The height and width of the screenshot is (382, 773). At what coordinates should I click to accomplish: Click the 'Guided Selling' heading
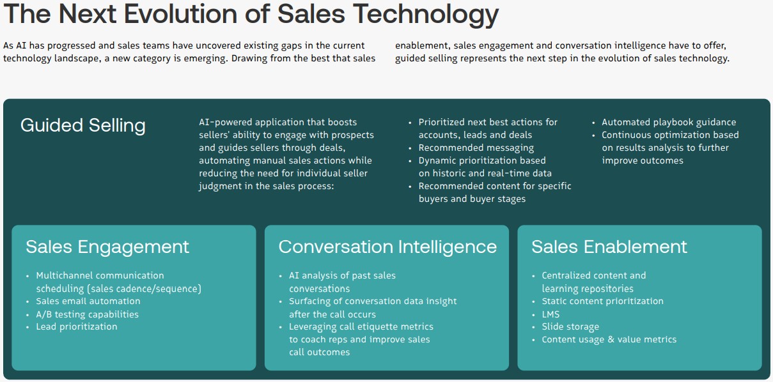(x=83, y=125)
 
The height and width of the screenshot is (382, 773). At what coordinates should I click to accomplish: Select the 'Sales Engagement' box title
(x=107, y=247)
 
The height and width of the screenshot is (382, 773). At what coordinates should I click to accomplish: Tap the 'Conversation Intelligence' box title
(x=387, y=247)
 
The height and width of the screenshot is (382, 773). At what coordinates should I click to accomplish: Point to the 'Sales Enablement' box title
(x=609, y=247)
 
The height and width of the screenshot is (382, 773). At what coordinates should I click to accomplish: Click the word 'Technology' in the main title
(x=428, y=13)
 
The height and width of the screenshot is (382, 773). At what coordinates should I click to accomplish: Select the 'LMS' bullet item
(x=550, y=314)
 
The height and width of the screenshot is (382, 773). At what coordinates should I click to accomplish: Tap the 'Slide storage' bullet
(x=570, y=327)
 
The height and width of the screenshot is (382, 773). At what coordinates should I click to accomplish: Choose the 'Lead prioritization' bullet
(x=77, y=327)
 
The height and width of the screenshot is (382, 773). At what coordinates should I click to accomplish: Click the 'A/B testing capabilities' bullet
(x=87, y=314)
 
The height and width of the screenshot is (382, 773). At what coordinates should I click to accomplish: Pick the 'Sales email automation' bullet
(x=88, y=302)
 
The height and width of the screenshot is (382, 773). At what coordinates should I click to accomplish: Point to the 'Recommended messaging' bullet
(x=476, y=148)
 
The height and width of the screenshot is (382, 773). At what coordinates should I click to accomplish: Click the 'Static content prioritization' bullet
(x=602, y=302)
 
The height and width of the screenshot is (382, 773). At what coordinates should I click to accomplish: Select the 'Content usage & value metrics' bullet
(x=609, y=340)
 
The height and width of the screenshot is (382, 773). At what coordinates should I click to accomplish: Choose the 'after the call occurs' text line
(x=332, y=314)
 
